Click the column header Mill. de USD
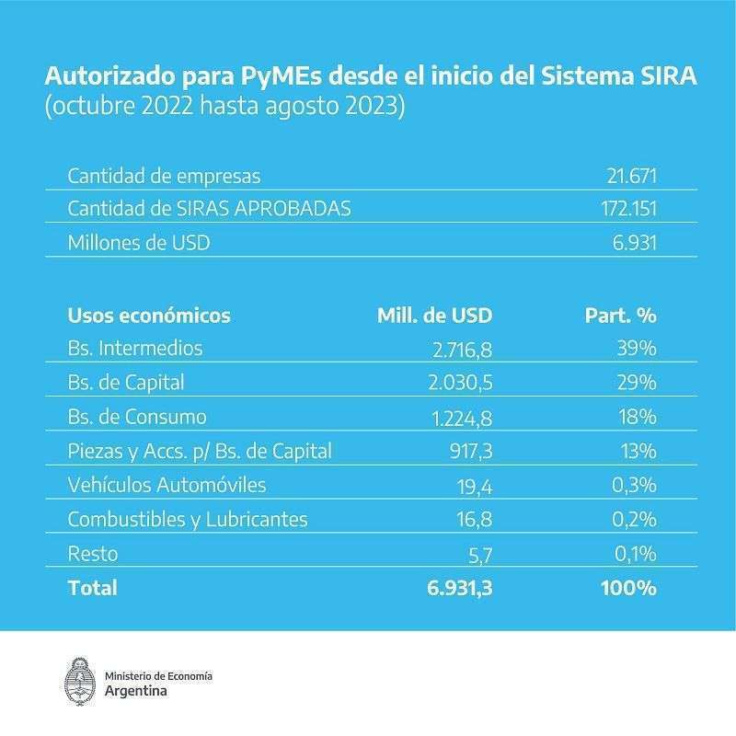435,316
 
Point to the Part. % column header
620,316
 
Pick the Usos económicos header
149,316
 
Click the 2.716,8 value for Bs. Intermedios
461,350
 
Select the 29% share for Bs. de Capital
636,383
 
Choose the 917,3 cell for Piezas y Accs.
468,452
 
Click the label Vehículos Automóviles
167,485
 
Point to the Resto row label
93,553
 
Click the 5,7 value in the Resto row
480,554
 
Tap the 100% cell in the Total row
629,588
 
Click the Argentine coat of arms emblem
79,683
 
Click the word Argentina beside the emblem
137,691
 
